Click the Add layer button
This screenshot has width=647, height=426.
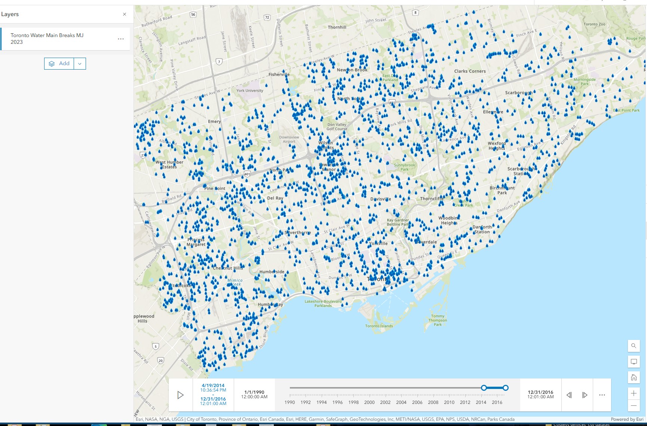tap(59, 64)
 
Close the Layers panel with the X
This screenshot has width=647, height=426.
tap(125, 14)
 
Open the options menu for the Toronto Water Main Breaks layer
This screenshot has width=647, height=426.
tap(121, 39)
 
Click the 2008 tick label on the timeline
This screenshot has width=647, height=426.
tap(433, 402)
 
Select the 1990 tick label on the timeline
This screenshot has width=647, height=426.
tap(289, 402)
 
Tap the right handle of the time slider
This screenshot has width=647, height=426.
tap(506, 388)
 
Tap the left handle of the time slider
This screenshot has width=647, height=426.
tap(484, 388)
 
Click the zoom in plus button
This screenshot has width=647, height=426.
tap(634, 393)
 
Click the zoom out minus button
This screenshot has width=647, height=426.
tap(634, 405)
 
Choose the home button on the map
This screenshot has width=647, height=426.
tap(634, 377)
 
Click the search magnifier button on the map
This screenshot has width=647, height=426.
tap(634, 346)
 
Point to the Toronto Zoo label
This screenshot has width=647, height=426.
tap(594, 24)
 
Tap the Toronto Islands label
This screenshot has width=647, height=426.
tap(379, 326)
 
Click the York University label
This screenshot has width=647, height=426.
tap(250, 91)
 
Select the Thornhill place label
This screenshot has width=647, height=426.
tap(337, 27)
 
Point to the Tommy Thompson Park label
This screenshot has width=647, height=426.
tap(438, 320)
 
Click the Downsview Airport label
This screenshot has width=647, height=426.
tap(289, 139)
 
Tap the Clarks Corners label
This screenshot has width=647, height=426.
tap(470, 71)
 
